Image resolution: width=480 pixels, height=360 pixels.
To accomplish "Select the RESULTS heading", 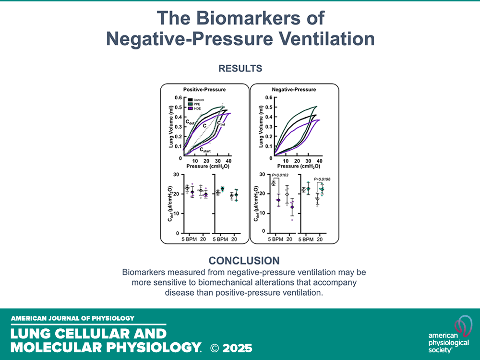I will pyautogui.click(x=240, y=69).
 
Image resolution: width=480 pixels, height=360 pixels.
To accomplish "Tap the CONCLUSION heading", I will pyautogui.click(x=244, y=261).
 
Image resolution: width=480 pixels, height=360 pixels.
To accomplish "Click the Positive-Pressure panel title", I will pyautogui.click(x=204, y=89).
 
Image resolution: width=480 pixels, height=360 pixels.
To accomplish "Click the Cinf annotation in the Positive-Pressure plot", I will pyautogui.click(x=221, y=123).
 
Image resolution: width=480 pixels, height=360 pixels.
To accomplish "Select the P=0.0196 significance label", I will pyautogui.click(x=324, y=180).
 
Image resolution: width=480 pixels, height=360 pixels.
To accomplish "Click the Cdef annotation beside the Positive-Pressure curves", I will pyautogui.click(x=191, y=122).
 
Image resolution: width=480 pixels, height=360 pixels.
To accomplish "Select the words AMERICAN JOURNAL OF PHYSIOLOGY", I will pyautogui.click(x=72, y=318).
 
